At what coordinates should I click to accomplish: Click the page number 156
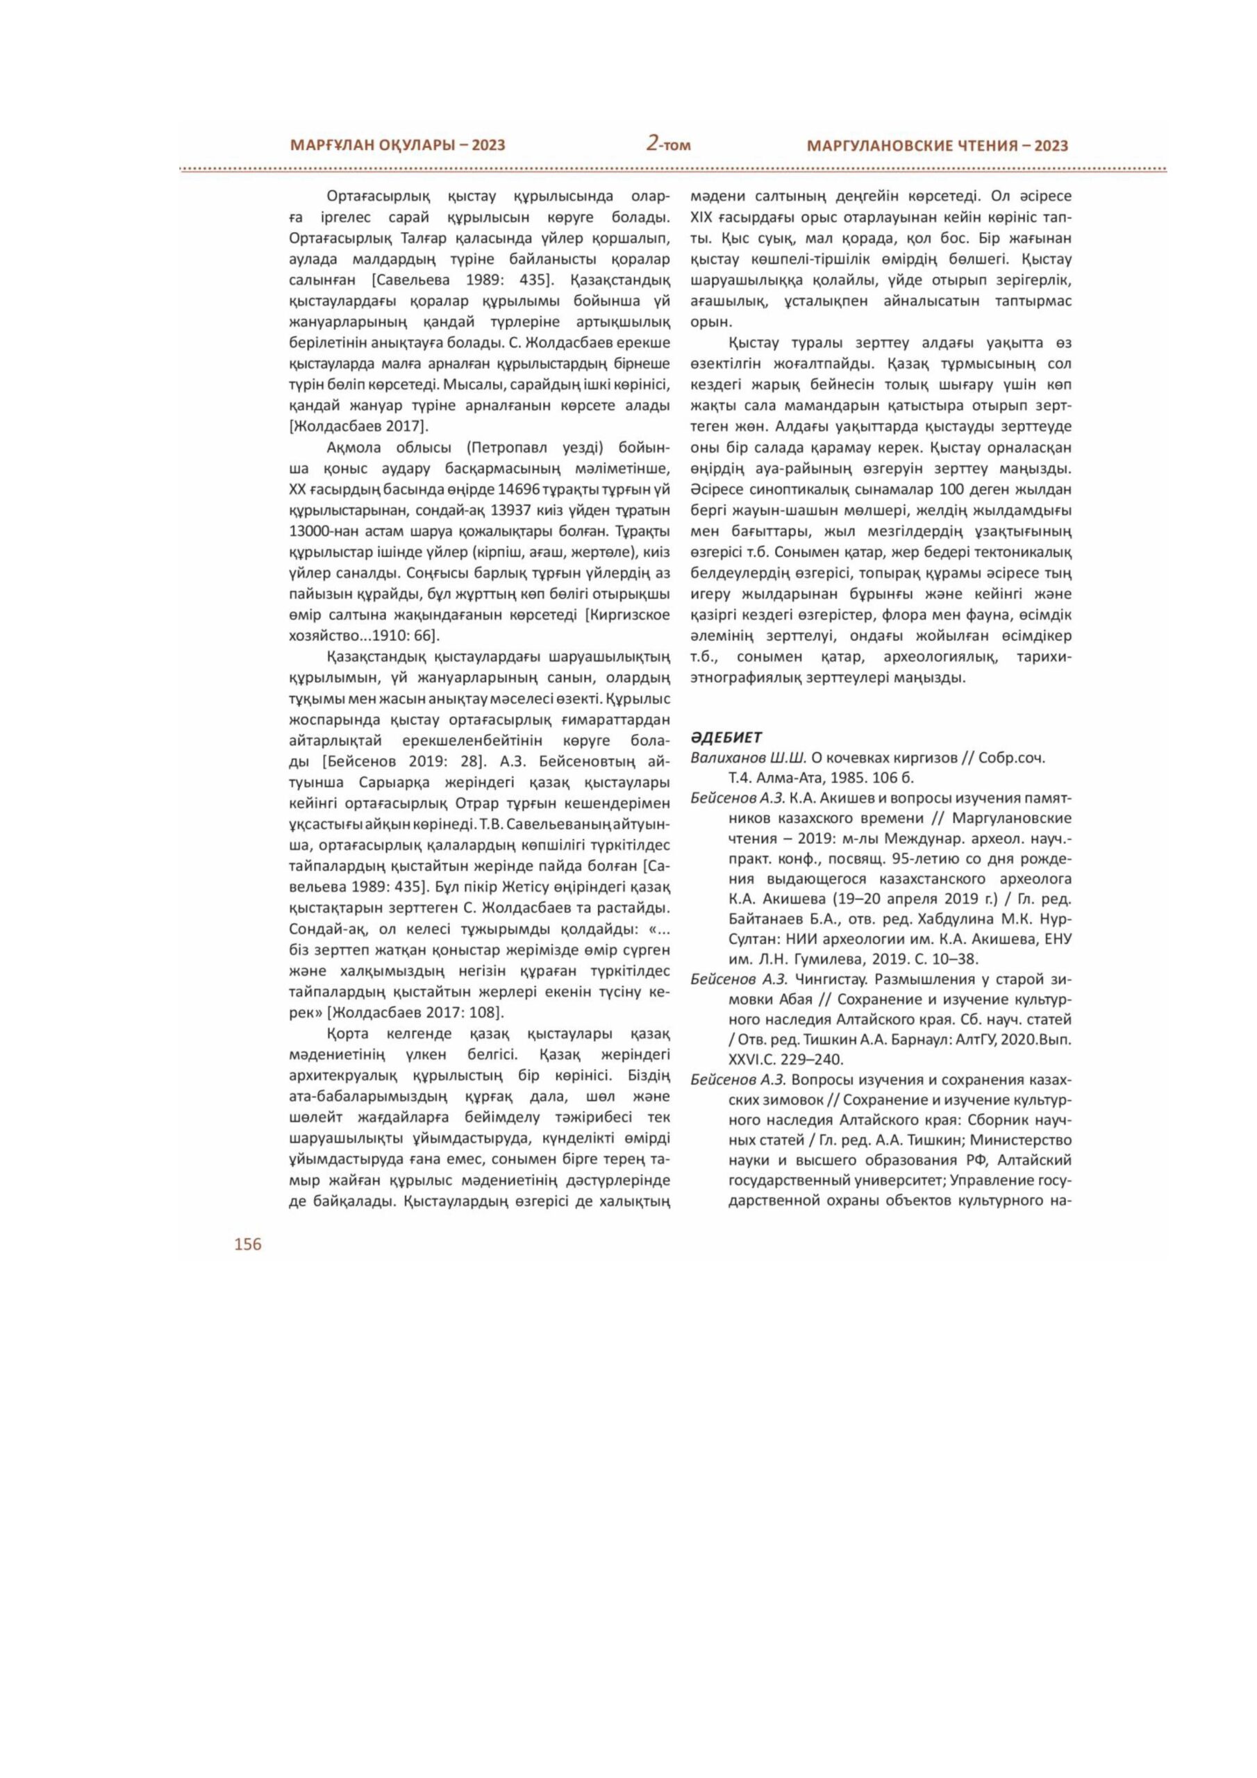pyautogui.click(x=248, y=1244)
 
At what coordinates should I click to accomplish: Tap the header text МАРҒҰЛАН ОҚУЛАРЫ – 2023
pyautogui.click(x=397, y=145)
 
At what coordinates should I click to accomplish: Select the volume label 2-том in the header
pyautogui.click(x=668, y=144)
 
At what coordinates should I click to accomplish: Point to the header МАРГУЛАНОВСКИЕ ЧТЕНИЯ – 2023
pyautogui.click(x=937, y=146)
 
